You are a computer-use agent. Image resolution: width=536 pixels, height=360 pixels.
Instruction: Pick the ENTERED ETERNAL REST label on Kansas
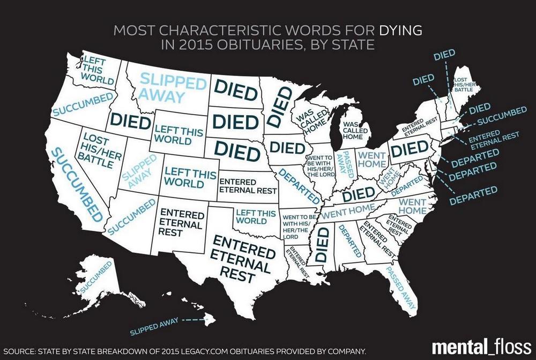click(247, 185)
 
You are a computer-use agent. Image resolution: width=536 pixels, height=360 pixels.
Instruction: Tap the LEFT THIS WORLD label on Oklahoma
click(251, 217)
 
